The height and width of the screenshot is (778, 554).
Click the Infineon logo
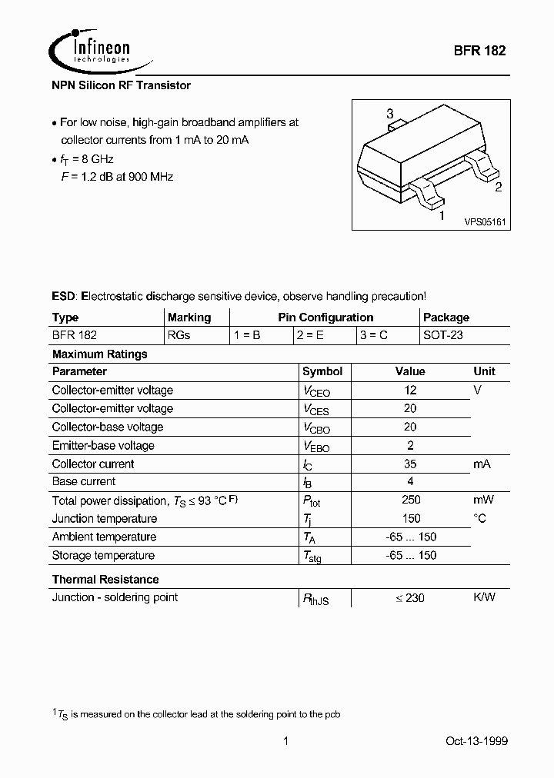(x=92, y=51)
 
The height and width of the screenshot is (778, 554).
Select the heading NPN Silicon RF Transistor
(x=121, y=85)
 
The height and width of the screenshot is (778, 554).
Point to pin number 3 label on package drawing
(x=390, y=113)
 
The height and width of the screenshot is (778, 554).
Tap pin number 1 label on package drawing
(x=441, y=216)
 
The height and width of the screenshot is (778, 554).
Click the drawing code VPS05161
(x=484, y=221)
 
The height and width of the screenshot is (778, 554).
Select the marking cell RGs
(x=179, y=335)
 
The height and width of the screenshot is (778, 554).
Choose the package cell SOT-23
(x=443, y=335)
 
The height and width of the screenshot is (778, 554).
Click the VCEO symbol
(x=316, y=391)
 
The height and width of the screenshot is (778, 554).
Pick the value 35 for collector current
(x=410, y=464)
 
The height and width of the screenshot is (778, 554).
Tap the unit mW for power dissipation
(x=483, y=500)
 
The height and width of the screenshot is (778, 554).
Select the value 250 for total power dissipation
(x=410, y=500)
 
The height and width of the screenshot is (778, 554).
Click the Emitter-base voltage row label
(x=103, y=445)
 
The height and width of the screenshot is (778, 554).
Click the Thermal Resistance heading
(x=105, y=579)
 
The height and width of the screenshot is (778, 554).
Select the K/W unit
(x=484, y=597)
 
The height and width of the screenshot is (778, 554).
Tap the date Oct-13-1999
(x=476, y=741)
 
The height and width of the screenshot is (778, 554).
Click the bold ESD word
(x=64, y=296)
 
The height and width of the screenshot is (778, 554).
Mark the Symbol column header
(x=322, y=371)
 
